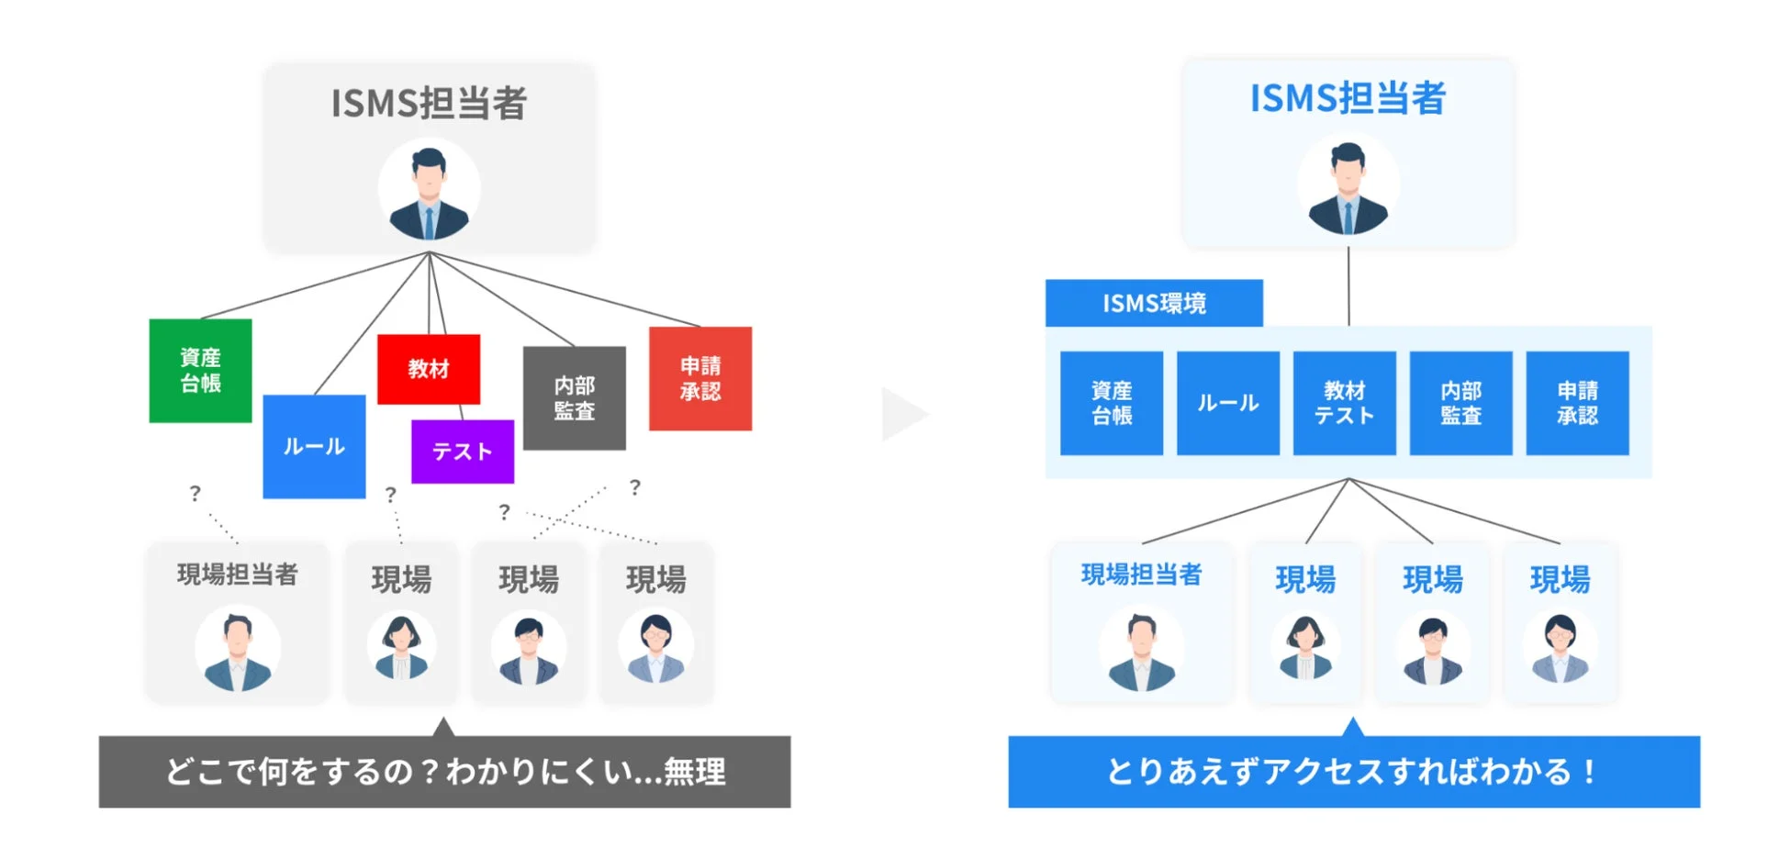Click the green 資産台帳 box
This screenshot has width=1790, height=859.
200,371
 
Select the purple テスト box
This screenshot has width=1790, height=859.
462,452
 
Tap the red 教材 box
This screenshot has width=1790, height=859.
428,369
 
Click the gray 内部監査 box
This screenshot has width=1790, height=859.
574,398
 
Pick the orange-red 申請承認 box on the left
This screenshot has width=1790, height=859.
699,378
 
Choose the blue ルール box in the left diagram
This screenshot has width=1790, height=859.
314,447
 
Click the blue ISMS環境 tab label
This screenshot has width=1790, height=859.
1153,303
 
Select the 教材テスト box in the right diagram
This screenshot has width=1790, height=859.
1344,403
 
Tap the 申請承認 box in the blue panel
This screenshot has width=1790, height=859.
1577,403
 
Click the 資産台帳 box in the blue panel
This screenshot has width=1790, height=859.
1111,403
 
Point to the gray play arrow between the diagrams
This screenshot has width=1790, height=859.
902,414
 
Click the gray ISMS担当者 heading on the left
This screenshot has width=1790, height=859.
429,103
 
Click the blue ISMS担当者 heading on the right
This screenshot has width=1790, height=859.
1348,98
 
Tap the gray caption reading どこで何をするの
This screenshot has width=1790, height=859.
444,772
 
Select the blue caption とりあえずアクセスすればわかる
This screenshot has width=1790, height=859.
1353,772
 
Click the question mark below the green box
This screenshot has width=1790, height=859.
195,494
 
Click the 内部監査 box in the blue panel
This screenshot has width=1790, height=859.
1460,403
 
